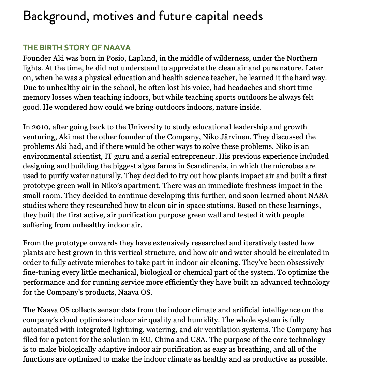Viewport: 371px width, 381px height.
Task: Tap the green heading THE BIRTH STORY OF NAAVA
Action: (77, 47)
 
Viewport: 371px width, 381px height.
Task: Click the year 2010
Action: (38, 127)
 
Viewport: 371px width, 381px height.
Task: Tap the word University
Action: (144, 127)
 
